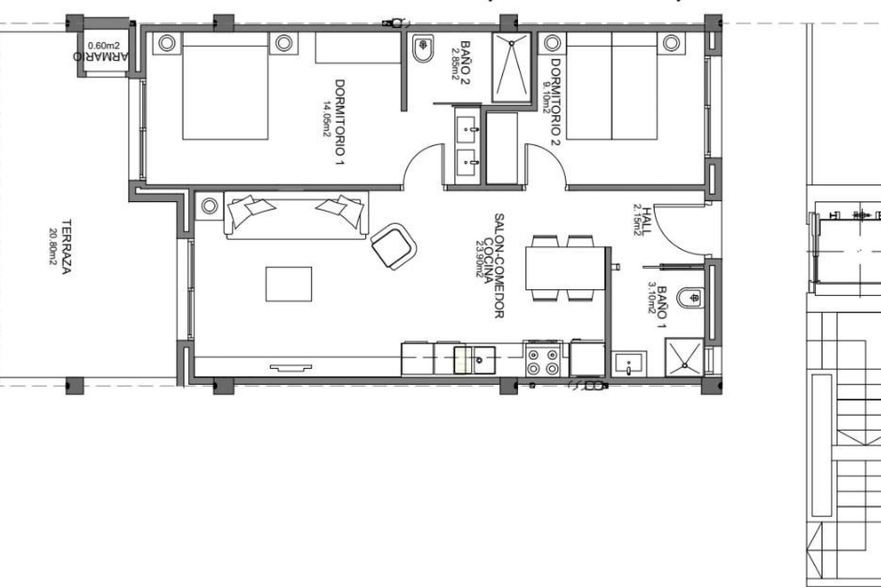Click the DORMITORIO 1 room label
[x=340, y=122]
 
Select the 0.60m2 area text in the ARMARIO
[x=103, y=45]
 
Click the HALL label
[x=646, y=221]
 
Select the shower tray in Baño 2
[x=511, y=67]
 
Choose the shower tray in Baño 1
[x=684, y=357]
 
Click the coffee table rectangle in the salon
[x=289, y=284]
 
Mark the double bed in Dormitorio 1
[x=225, y=87]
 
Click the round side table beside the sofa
[x=209, y=206]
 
